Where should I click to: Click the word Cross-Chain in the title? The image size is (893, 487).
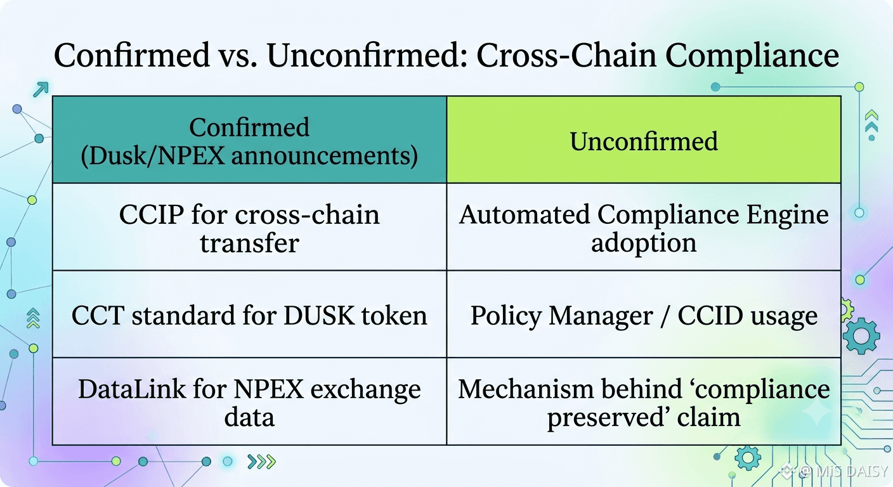click(x=566, y=55)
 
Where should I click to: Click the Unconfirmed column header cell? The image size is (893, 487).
click(x=644, y=140)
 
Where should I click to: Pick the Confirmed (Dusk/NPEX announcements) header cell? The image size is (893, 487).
click(x=249, y=140)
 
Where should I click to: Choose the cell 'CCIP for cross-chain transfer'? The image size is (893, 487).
click(x=249, y=227)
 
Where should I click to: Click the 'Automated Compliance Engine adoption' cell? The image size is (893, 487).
click(x=644, y=227)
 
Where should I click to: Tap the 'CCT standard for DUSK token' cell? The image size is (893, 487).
click(x=249, y=314)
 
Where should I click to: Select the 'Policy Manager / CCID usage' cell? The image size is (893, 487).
click(x=644, y=314)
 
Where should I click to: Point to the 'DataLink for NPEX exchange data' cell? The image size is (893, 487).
click(x=249, y=401)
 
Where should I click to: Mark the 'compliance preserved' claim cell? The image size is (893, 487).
click(x=644, y=401)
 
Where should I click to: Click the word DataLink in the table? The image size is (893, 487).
click(x=132, y=389)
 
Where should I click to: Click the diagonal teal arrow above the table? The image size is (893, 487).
click(x=41, y=89)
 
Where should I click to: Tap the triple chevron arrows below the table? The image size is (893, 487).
click(x=261, y=462)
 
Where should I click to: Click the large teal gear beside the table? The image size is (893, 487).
click(x=861, y=336)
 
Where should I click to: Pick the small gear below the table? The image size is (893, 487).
click(x=748, y=458)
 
